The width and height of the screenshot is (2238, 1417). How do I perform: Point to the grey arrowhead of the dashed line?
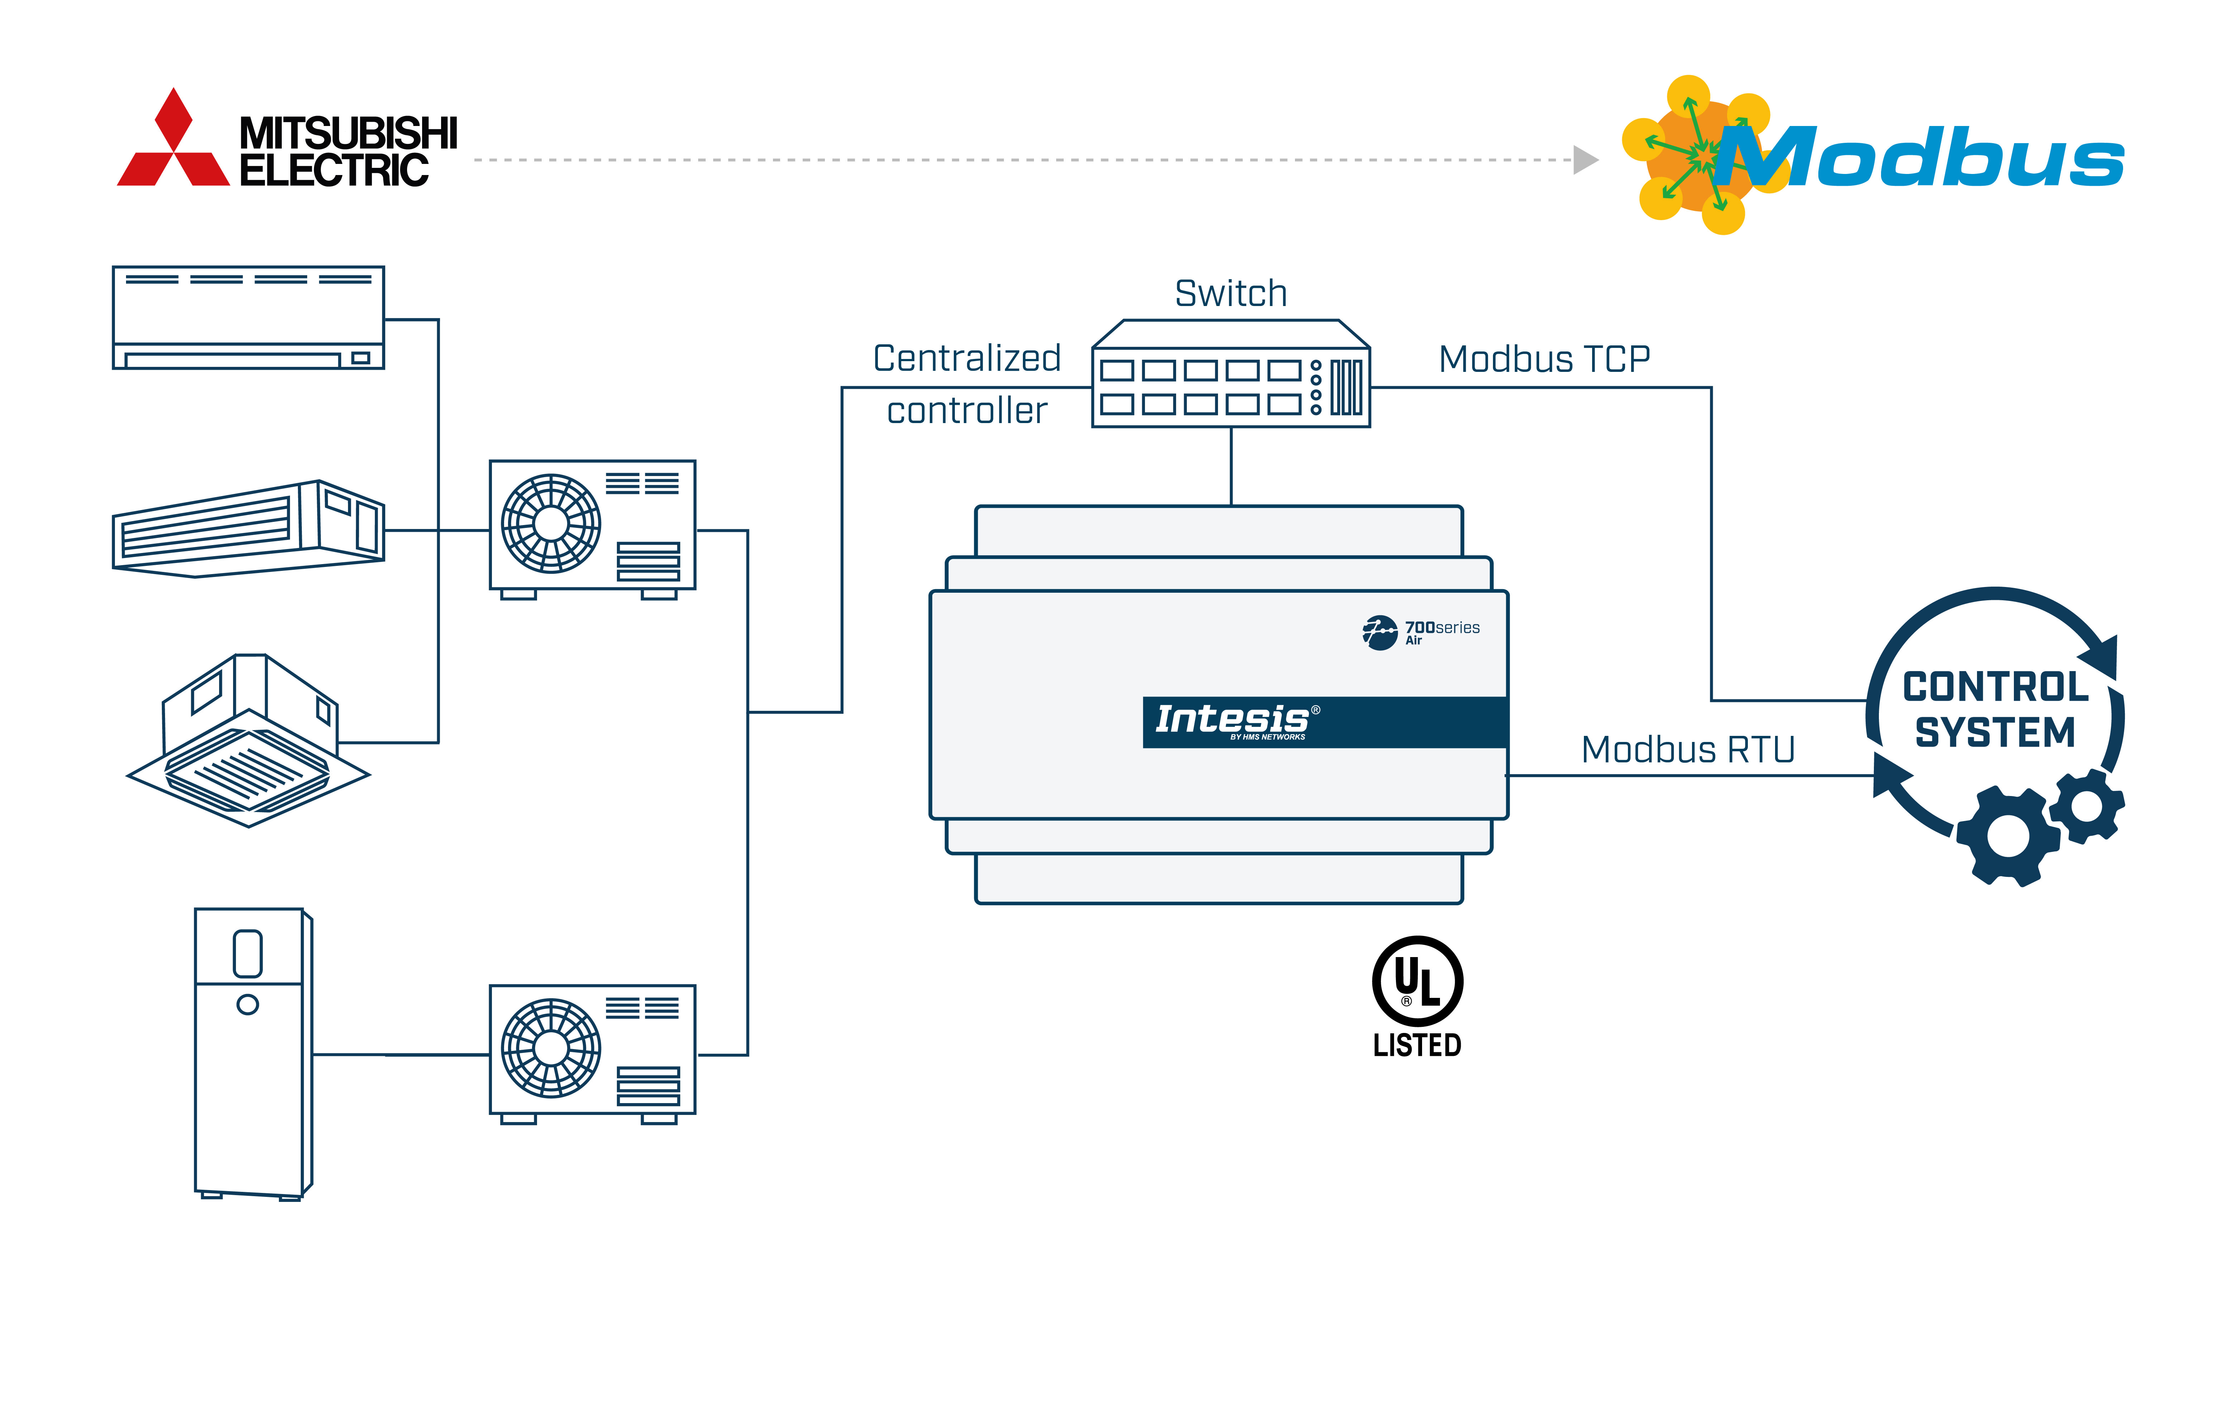click(1585, 160)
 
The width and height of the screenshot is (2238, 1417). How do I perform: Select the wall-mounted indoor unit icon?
click(248, 318)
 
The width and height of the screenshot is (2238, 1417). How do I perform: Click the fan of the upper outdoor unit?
click(551, 523)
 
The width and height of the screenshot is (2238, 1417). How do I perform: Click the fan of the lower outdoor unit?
click(551, 1048)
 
